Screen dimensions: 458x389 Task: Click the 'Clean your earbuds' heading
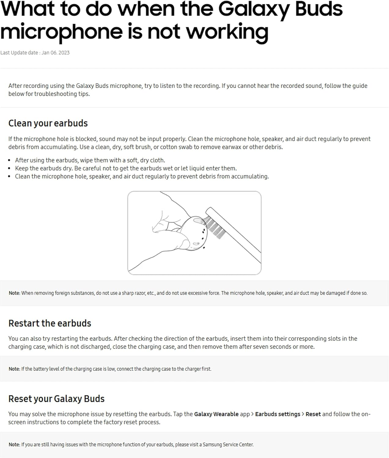pyautogui.click(x=48, y=123)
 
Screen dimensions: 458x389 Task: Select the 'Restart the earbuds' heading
pyautogui.click(x=50, y=323)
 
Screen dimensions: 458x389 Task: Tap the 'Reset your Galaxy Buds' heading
pyautogui.click(x=57, y=398)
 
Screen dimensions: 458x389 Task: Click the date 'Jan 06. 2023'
pyautogui.click(x=56, y=53)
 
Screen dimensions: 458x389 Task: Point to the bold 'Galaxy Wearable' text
pyautogui.click(x=216, y=414)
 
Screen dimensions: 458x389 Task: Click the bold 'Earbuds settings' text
pyautogui.click(x=277, y=414)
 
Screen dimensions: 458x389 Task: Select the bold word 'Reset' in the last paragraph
pyautogui.click(x=313, y=414)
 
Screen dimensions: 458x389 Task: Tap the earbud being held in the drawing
pyautogui.click(x=194, y=232)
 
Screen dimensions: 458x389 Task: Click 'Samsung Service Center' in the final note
pyautogui.click(x=228, y=445)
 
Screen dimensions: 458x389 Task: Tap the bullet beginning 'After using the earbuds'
pyautogui.click(x=90, y=160)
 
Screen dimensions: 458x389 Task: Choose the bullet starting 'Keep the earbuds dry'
pyautogui.click(x=126, y=168)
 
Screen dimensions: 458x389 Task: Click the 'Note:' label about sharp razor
pyautogui.click(x=14, y=293)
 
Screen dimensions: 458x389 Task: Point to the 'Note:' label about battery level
pyautogui.click(x=14, y=369)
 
